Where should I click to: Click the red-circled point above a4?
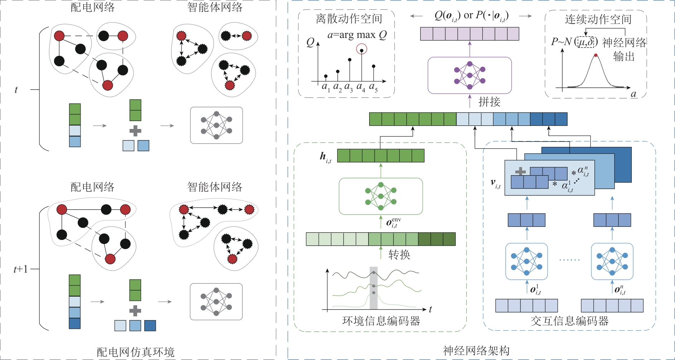coord(362,50)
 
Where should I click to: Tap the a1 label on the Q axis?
coord(326,87)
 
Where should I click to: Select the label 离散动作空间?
coord(349,19)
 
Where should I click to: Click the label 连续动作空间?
coord(598,19)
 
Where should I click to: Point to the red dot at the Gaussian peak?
coord(596,55)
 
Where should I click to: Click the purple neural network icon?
coord(469,75)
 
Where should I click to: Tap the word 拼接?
coord(489,102)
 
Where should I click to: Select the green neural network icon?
coord(381,196)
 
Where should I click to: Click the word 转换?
coord(399,255)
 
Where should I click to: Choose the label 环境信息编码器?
coord(381,321)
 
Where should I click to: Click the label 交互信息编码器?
coord(569,321)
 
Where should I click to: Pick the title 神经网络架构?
coord(476,350)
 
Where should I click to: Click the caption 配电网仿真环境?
coord(135,352)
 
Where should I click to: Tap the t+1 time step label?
coord(20,269)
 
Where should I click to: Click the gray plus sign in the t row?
coord(135,131)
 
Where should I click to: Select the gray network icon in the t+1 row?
coord(216,302)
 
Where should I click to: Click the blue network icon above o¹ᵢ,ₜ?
coord(526,261)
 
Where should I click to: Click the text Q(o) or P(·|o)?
coord(471,15)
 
